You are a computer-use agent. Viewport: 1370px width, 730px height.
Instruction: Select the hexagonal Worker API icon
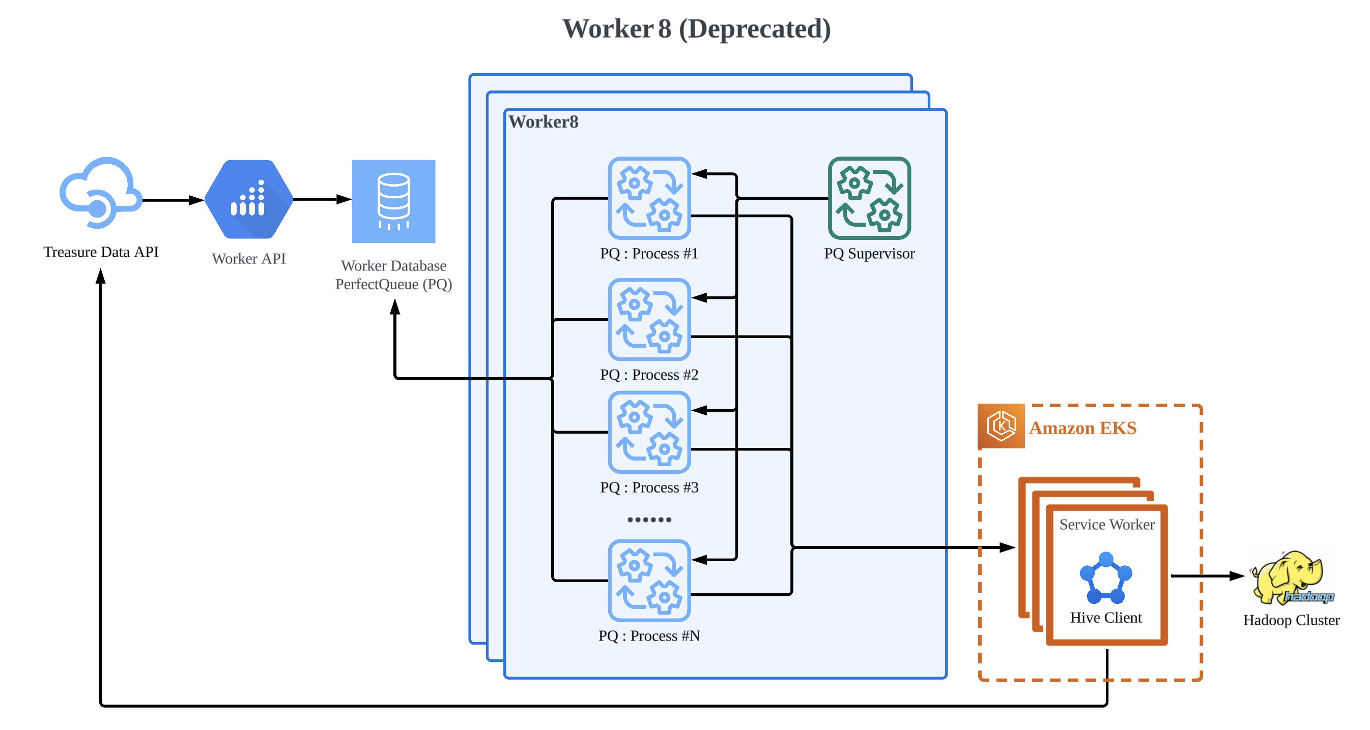point(249,200)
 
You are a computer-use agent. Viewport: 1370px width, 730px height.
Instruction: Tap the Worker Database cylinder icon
point(393,201)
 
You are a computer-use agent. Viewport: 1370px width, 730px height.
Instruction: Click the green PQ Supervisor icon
point(869,198)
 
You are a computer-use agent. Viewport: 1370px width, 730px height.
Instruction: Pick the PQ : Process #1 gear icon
point(649,198)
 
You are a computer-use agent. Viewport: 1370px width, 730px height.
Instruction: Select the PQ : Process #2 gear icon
point(649,319)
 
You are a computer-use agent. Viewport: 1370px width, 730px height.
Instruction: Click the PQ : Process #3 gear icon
point(649,432)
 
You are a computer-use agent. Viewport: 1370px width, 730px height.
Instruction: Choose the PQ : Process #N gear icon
point(649,580)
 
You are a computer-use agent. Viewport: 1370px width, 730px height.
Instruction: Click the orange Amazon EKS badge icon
point(1001,426)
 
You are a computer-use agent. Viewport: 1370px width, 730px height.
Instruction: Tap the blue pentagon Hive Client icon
point(1106,578)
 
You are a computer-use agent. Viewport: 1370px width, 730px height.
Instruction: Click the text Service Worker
point(1107,525)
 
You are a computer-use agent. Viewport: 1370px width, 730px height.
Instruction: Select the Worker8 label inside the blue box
point(543,121)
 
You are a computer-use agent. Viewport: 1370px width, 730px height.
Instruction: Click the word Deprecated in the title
point(755,29)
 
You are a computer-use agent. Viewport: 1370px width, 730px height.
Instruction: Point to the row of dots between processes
point(649,519)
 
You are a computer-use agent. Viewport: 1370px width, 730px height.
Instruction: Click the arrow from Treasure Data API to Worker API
point(173,200)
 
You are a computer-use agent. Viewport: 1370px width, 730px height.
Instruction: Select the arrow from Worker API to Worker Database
point(322,200)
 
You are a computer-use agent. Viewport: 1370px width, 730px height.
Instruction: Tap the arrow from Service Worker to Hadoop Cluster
point(1207,576)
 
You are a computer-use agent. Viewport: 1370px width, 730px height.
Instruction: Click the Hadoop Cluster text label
point(1291,620)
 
